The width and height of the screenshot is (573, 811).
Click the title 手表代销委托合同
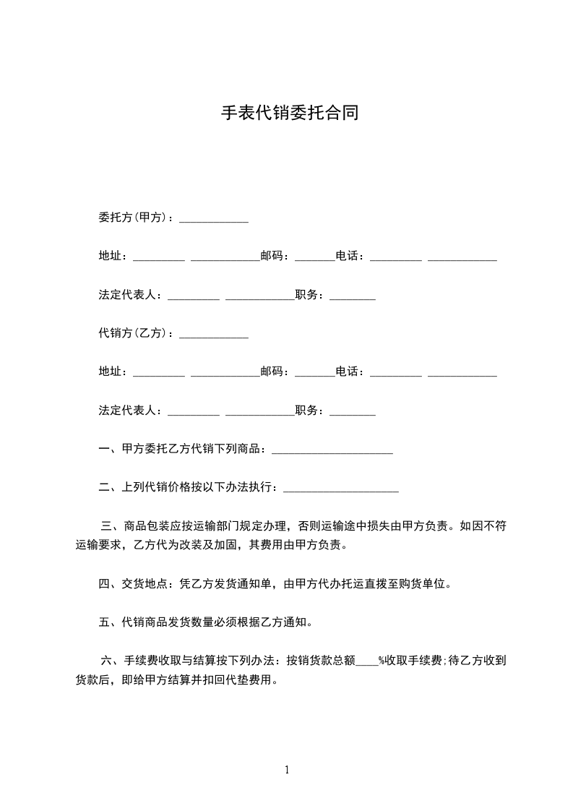click(289, 113)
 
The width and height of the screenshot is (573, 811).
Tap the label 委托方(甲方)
click(133, 218)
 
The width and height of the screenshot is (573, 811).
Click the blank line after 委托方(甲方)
click(213, 220)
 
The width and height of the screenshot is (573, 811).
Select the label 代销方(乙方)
click(133, 334)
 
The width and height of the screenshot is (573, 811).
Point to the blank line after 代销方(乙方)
click(213, 336)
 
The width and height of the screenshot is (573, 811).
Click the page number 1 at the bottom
click(287, 770)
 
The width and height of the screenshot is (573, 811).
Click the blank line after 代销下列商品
click(332, 452)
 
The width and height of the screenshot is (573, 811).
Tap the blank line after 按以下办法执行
click(341, 491)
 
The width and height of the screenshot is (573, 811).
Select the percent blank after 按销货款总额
click(367, 663)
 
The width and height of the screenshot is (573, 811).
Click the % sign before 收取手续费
click(382, 660)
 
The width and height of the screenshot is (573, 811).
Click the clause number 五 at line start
click(104, 622)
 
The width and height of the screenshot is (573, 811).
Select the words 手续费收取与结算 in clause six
click(171, 660)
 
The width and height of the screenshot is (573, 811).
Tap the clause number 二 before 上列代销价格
click(104, 487)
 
